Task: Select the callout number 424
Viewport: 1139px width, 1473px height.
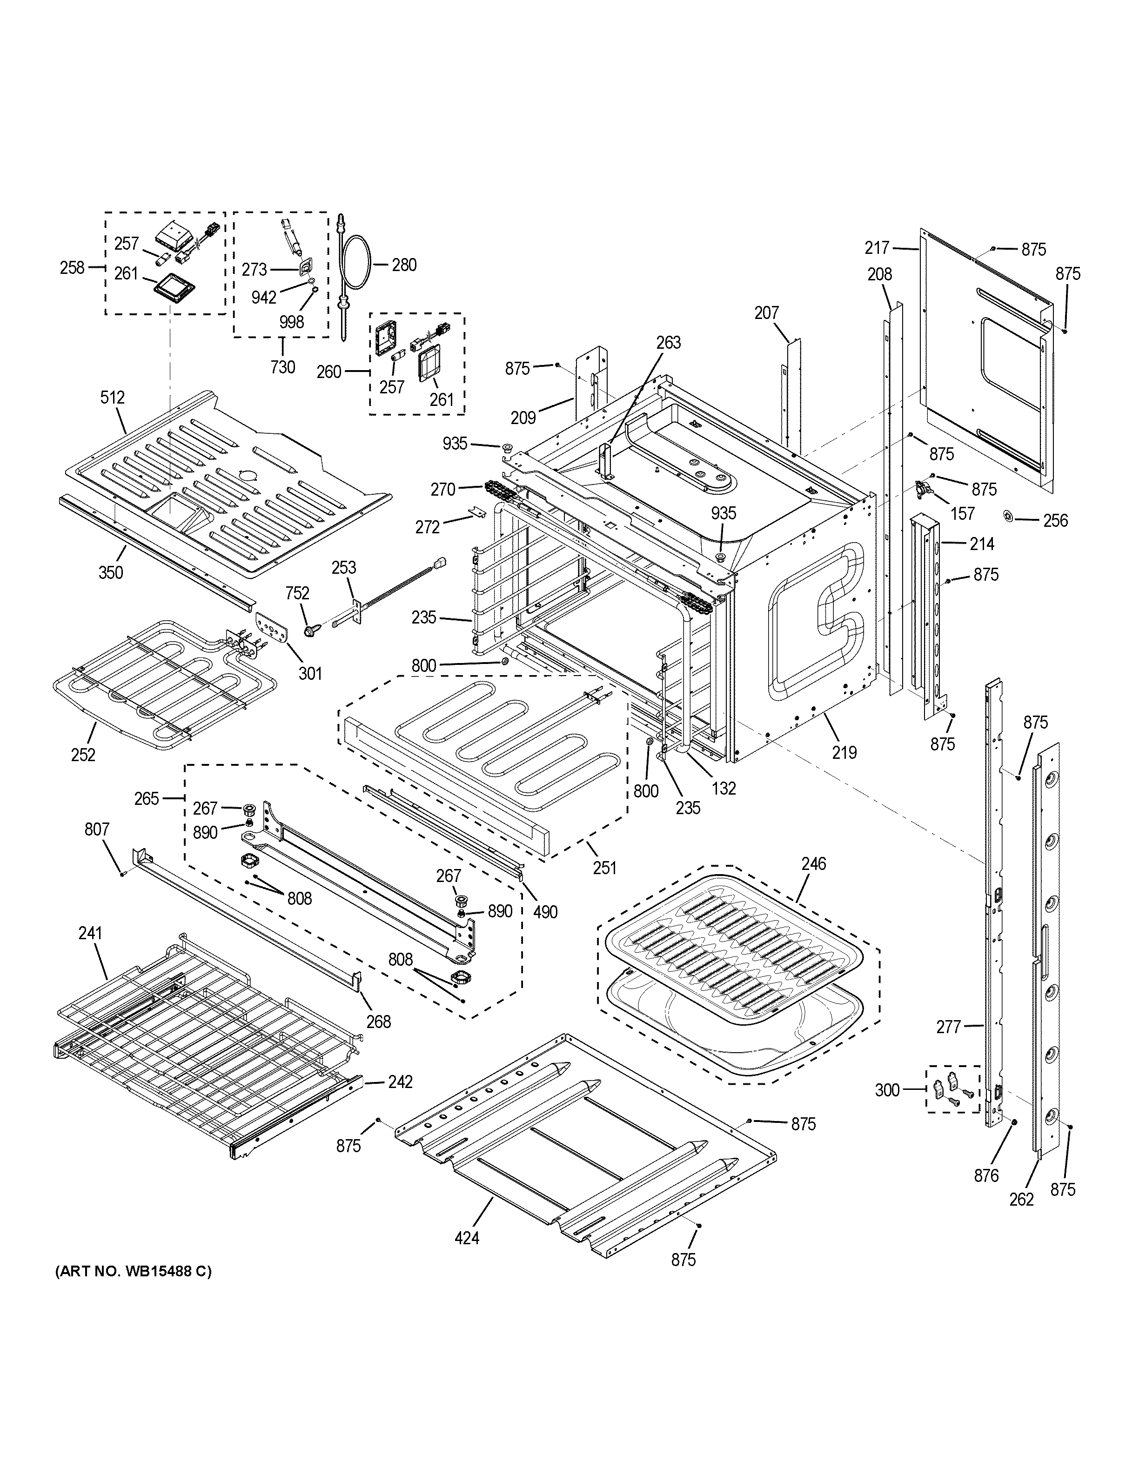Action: click(x=467, y=1238)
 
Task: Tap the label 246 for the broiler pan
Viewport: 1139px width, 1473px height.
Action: click(x=813, y=863)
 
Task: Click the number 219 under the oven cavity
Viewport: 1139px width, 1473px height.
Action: click(x=844, y=751)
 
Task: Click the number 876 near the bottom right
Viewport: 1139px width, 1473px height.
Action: click(x=986, y=1175)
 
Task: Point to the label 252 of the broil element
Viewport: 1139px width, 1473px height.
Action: click(x=83, y=755)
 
